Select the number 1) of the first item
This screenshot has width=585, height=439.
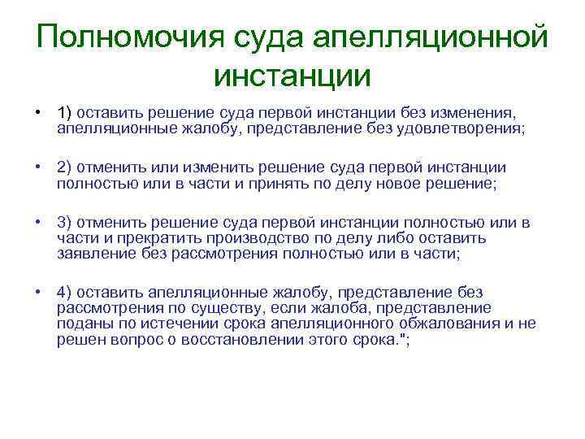64,112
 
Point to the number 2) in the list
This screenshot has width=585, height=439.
65,167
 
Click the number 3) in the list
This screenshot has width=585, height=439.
65,224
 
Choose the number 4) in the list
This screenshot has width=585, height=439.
65,293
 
